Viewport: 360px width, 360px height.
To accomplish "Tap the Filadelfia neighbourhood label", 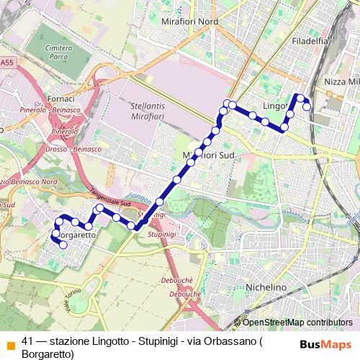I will [x=310, y=42].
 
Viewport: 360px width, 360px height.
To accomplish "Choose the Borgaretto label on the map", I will [x=75, y=235].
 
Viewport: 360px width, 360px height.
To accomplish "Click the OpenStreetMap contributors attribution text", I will [x=297, y=323].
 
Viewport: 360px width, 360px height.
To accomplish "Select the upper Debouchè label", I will [x=185, y=282].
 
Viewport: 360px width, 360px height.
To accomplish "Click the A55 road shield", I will [x=6, y=63].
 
